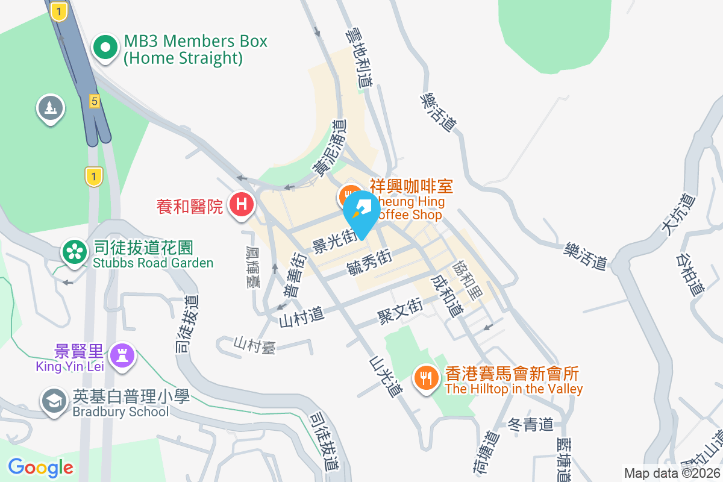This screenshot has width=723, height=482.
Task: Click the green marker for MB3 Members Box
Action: click(x=105, y=48)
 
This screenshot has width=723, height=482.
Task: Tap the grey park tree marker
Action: click(x=51, y=108)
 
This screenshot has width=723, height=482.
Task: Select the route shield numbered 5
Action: click(x=94, y=101)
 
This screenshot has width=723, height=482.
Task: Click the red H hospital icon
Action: click(x=241, y=204)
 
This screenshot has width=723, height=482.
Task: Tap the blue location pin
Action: click(x=361, y=211)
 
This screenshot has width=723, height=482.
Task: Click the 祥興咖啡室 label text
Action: click(x=411, y=186)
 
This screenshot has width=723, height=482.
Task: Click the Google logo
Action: click(x=40, y=467)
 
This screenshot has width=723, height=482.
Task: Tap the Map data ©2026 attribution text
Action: click(x=672, y=473)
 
